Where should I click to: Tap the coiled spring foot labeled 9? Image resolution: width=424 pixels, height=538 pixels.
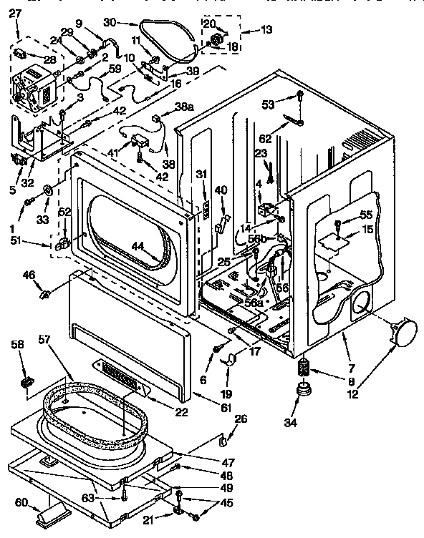(304, 370)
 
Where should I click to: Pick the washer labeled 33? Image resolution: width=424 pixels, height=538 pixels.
(49, 190)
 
